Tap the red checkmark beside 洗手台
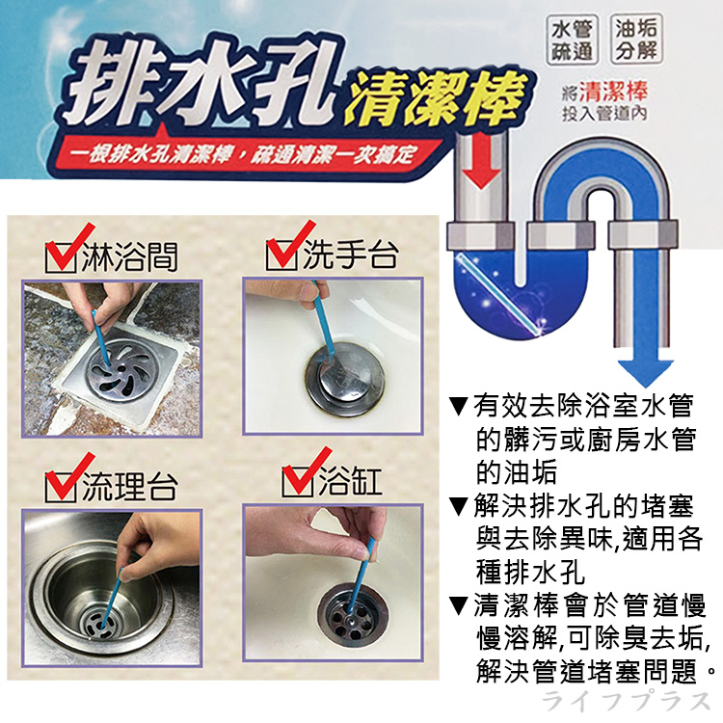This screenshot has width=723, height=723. click(x=283, y=250)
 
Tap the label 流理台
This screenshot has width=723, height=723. click(x=127, y=487)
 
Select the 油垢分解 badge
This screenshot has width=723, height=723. click(x=636, y=40)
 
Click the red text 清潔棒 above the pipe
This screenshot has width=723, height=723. click(x=618, y=94)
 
